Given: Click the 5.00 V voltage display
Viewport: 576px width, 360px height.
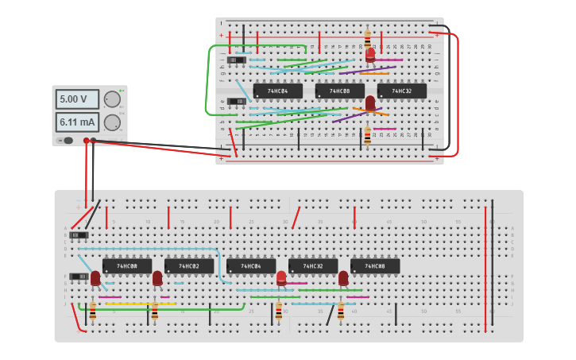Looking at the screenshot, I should pyautogui.click(x=77, y=99).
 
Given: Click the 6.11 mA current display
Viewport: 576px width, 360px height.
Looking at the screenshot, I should pyautogui.click(x=77, y=122).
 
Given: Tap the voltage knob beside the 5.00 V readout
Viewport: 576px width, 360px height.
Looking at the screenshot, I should pyautogui.click(x=112, y=99).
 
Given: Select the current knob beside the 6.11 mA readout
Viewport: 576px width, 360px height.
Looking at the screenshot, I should pyautogui.click(x=112, y=122).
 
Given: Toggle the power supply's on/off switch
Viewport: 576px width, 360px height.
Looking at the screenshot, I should pyautogui.click(x=67, y=141).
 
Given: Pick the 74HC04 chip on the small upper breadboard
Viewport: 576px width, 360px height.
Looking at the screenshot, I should pyautogui.click(x=277, y=91).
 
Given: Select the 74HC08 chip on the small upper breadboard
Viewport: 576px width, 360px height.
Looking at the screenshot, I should pyautogui.click(x=339, y=91).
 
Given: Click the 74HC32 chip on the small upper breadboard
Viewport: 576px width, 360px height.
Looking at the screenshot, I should pyautogui.click(x=401, y=91).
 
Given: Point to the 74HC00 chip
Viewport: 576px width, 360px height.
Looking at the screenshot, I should pyautogui.click(x=126, y=266).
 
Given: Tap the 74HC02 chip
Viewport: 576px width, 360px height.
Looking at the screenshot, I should pyautogui.click(x=188, y=266).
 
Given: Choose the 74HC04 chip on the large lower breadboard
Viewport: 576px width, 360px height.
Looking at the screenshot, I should pyautogui.click(x=250, y=266).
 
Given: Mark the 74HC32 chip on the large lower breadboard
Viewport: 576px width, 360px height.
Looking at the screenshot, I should pyautogui.click(x=312, y=266).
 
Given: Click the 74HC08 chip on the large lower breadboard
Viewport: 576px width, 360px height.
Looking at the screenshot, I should pyautogui.click(x=374, y=266).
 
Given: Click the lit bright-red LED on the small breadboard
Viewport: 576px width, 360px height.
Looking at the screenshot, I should pyautogui.click(x=370, y=54).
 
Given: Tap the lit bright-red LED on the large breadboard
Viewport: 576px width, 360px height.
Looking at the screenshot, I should pyautogui.click(x=281, y=277).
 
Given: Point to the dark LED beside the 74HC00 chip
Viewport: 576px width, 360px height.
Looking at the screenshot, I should pyautogui.click(x=95, y=277).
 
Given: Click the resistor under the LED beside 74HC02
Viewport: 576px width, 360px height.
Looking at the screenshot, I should pyautogui.click(x=154, y=312).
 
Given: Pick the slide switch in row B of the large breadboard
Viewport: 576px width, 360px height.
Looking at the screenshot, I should pyautogui.click(x=79, y=235).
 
